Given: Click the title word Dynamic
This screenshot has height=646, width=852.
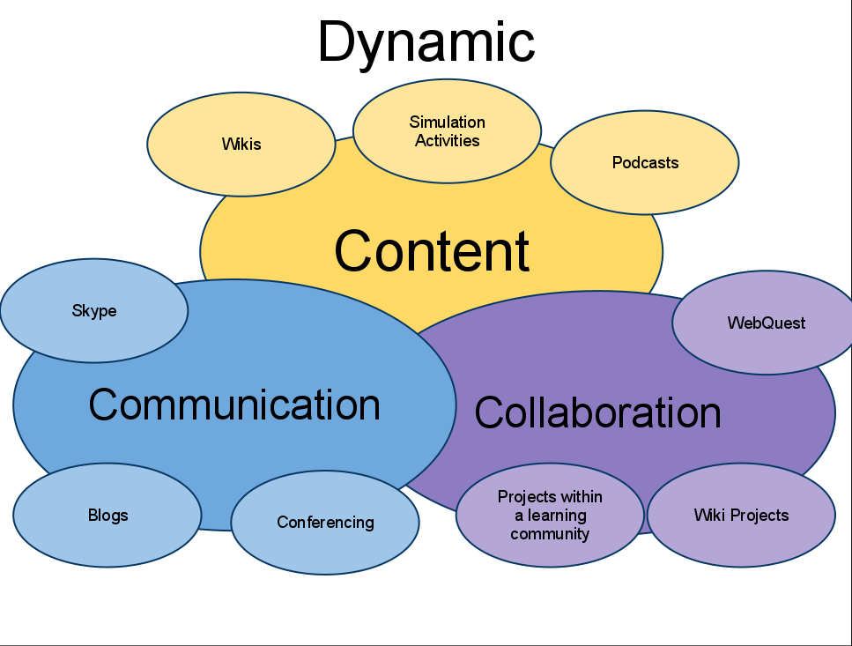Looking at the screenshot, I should pos(426,42).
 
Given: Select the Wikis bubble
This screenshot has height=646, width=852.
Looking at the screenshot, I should pos(241,145).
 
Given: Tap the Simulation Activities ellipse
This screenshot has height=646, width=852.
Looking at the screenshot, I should pos(447,131).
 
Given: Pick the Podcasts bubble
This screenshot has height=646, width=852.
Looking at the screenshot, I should pos(645,163).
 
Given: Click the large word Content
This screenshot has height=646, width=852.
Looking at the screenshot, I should pos(432,251).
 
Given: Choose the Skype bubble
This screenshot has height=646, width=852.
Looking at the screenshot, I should pos(93,311).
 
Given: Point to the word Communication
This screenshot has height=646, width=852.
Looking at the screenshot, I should pos(234,405).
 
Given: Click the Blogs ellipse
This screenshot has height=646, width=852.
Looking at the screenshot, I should pos(107,516).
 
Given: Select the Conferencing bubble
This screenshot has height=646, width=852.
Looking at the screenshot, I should pos(325,523).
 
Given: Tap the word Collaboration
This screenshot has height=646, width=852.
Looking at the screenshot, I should pos(597,412).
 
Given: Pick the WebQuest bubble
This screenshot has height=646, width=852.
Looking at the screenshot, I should pos(766,323).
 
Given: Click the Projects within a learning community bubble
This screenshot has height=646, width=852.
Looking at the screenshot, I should pos(550,516).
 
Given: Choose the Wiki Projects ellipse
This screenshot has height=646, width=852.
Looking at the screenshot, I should pos(741,516).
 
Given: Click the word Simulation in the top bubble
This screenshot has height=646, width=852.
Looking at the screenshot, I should pos(447,123).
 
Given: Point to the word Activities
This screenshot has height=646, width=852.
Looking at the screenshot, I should pos(447,141).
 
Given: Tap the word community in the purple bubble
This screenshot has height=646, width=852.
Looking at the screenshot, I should pos(550,534).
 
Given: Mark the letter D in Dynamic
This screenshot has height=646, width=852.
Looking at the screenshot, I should pos(337,42).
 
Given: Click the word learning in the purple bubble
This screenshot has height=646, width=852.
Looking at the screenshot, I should pos(557,516).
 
